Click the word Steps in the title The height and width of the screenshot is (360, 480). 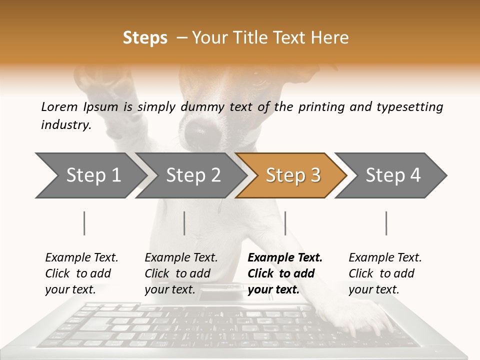tap(145, 38)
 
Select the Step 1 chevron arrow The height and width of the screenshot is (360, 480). tap(90, 175)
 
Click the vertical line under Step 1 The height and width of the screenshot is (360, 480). tap(84, 223)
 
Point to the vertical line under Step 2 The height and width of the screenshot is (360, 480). tap(184, 223)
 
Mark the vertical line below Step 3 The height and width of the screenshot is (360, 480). tap(285, 223)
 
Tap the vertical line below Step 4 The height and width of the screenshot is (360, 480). tap(386, 223)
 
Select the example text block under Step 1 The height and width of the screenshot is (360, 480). tap(81, 273)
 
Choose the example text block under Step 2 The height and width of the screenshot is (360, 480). tap(181, 273)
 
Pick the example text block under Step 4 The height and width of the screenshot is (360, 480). tap(385, 273)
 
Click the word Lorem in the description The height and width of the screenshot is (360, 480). tap(59, 106)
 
